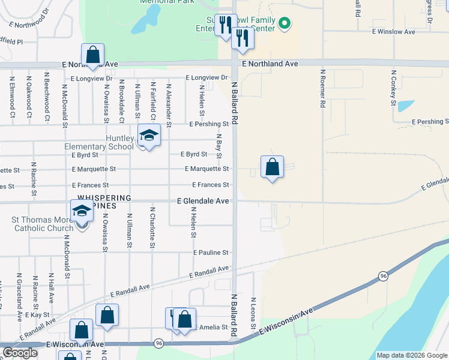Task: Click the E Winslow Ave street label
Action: [x=393, y=31]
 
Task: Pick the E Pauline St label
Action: [x=211, y=253]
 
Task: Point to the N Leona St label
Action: [x=253, y=309]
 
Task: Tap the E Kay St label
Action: [x=38, y=315]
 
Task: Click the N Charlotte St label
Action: [x=153, y=228]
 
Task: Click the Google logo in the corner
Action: [x=20, y=353]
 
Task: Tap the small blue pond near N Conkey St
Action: [x=406, y=106]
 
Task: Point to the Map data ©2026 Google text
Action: [x=411, y=355]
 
